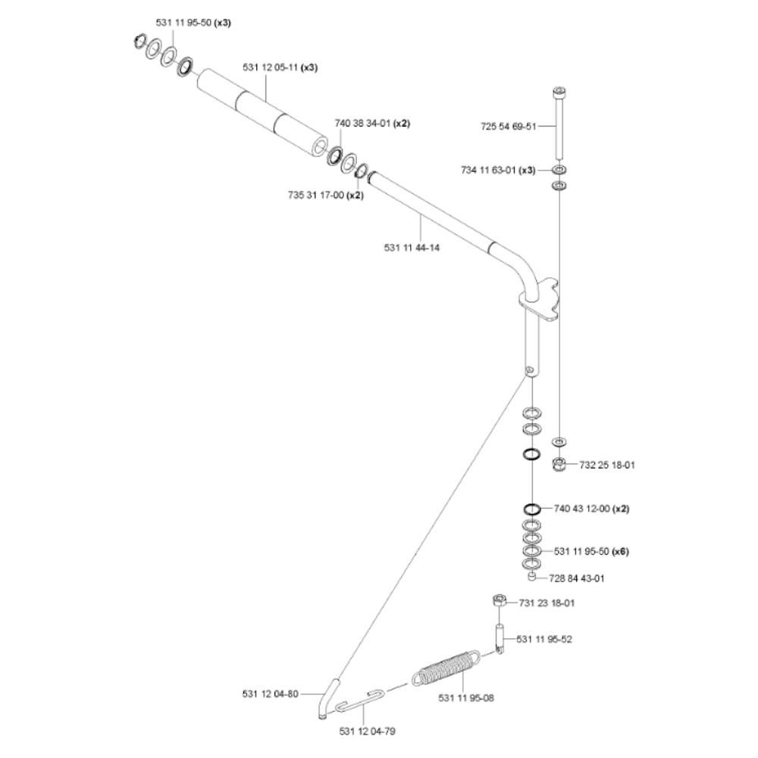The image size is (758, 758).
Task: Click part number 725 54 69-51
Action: pyautogui.click(x=507, y=127)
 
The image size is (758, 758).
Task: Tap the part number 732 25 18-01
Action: pyautogui.click(x=607, y=465)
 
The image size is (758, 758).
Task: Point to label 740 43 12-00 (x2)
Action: pyautogui.click(x=591, y=509)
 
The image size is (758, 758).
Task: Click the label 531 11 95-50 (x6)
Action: pyautogui.click(x=591, y=551)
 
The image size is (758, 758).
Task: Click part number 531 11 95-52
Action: pyautogui.click(x=544, y=639)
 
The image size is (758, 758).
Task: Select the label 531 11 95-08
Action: pyautogui.click(x=466, y=697)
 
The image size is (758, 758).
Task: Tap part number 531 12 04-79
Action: pyautogui.click(x=368, y=731)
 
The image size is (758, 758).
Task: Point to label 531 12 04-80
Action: pyautogui.click(x=271, y=693)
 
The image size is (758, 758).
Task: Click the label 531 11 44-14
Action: pyautogui.click(x=412, y=247)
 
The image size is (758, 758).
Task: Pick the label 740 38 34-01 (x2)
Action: pyautogui.click(x=372, y=124)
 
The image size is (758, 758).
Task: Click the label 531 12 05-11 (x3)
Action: pyautogui.click(x=280, y=67)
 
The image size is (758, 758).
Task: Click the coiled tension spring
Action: pyautogui.click(x=446, y=667)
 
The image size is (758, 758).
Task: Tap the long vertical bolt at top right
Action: pyautogui.click(x=559, y=121)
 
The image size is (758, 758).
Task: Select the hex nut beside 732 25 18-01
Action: pyautogui.click(x=559, y=464)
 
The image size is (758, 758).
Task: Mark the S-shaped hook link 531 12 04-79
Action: pyautogui.click(x=362, y=699)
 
